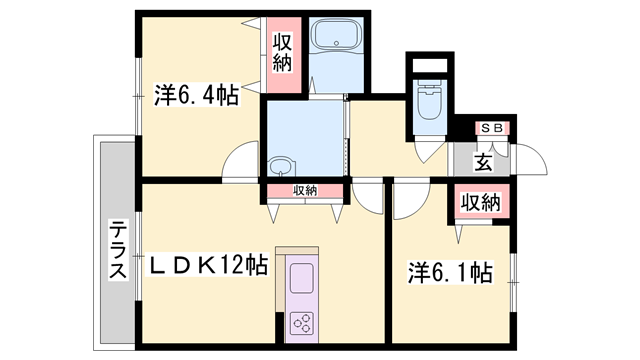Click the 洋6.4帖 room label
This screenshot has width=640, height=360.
click(x=196, y=97)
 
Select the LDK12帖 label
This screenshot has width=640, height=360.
click(x=208, y=266)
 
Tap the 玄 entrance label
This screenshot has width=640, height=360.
click(x=483, y=160)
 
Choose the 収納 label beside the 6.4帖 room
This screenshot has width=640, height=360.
click(x=282, y=56)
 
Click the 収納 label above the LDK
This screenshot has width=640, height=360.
click(x=305, y=190)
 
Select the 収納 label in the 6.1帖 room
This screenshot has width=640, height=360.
click(x=480, y=203)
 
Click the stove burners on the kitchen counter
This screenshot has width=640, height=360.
click(x=302, y=322)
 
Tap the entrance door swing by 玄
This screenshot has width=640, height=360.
click(x=529, y=160)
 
